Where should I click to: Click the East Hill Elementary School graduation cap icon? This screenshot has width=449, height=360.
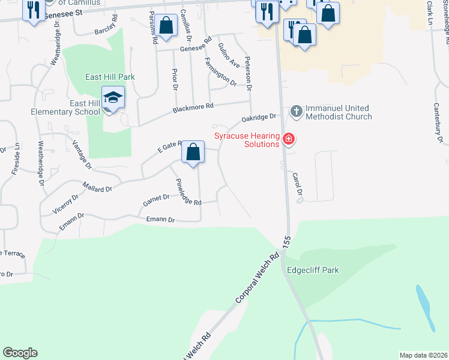112,97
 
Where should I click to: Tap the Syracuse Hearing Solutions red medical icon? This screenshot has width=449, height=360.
289,140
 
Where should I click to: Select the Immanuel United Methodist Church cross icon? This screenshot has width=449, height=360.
296,111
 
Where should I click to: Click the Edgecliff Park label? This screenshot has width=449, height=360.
312,270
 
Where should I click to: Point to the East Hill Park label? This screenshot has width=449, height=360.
110,77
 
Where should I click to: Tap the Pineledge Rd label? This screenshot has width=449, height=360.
188,192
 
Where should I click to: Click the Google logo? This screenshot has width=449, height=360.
20,353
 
